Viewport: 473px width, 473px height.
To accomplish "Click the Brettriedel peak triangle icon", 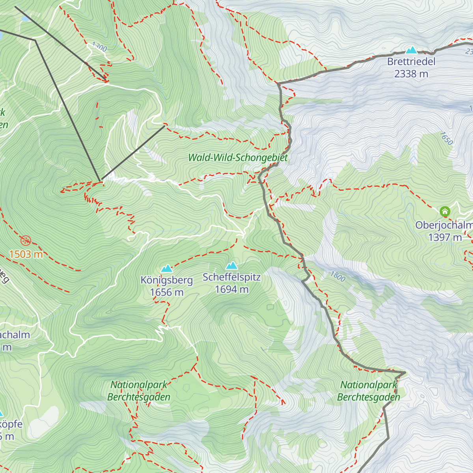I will click(x=411, y=50).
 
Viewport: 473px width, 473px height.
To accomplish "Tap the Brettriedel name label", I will click(x=411, y=61).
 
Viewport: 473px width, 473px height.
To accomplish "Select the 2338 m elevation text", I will click(x=411, y=74).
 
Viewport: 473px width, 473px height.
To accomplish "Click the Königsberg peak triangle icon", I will click(x=167, y=269).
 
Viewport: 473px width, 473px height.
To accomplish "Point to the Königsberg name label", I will click(x=167, y=280).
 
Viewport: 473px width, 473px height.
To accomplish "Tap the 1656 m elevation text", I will click(x=167, y=292).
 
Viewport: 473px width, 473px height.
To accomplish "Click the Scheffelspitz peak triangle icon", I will click(x=232, y=266).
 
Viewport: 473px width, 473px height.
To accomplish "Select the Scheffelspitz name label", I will click(x=232, y=277).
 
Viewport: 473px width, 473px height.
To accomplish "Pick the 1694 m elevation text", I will click(x=232, y=290).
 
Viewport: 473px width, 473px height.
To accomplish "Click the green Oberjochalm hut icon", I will click(x=445, y=212).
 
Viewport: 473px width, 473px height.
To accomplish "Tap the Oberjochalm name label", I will click(x=444, y=225).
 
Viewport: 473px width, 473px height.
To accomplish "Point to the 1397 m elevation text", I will click(x=445, y=237).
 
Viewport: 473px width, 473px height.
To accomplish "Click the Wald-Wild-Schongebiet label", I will click(x=238, y=158).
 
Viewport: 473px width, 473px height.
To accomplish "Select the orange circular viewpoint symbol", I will click(x=26, y=240).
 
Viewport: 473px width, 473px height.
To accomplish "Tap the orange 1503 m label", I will click(x=26, y=254).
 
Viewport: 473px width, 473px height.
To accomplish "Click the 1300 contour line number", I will click(x=99, y=47).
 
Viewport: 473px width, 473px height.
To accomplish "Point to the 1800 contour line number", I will click(x=338, y=276).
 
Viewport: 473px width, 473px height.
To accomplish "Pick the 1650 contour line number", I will click(x=446, y=138).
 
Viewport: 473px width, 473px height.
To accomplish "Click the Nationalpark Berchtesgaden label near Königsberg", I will click(x=139, y=391).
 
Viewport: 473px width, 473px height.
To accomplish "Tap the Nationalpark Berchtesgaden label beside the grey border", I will click(x=369, y=391).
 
